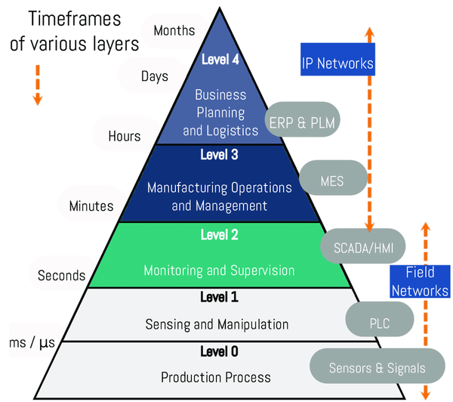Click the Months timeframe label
[174, 31]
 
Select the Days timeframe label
[154, 76]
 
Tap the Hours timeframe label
[124, 136]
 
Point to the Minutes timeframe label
[91, 206]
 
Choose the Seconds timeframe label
[62, 275]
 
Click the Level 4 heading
[220, 58]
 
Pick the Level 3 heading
[219, 156]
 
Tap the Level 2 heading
[219, 235]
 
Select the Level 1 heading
[219, 297]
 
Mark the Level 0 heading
[219, 351]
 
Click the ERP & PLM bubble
[304, 121]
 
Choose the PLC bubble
[380, 323]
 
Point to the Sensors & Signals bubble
[377, 369]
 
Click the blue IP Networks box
[337, 63]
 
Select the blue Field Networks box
[420, 281]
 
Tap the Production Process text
[216, 377]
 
